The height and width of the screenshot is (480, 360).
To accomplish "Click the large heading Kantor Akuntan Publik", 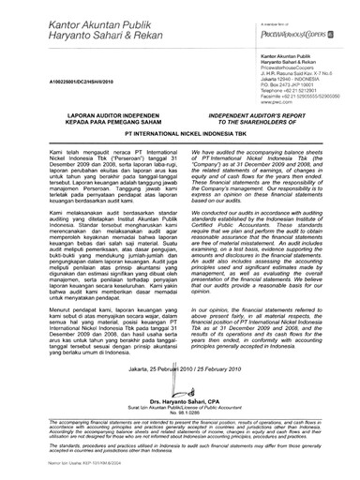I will coord(82,20).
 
